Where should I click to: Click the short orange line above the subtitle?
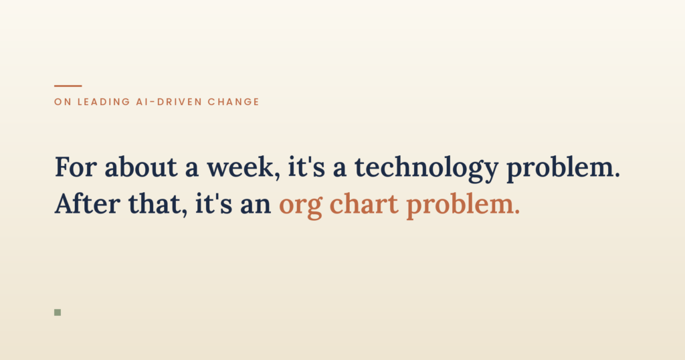68,86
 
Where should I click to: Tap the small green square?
58,312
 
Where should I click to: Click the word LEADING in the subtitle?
104,102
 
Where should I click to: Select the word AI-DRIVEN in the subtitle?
169,102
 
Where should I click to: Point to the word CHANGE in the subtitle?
233,102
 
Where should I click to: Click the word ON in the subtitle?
63,102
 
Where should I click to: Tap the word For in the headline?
76,167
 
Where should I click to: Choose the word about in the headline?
140,167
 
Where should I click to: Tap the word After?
88,203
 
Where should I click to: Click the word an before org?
256,205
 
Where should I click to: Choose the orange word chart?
364,203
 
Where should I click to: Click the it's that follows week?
306,167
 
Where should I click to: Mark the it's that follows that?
213,203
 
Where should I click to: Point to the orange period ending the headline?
518,212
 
